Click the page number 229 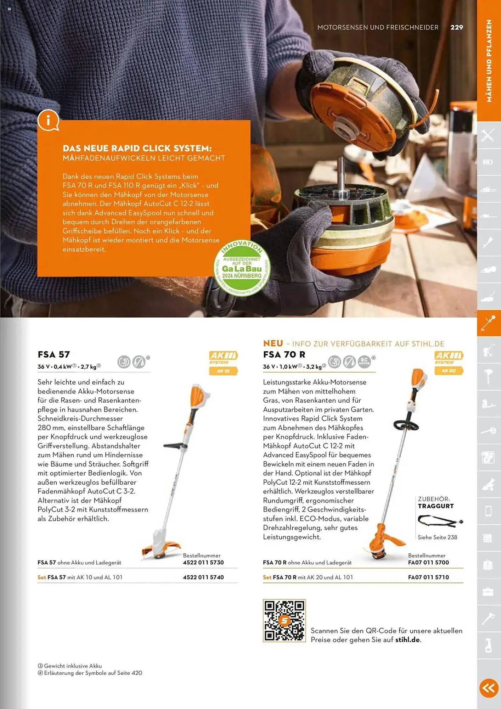tap(456, 27)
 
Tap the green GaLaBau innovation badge tap(242, 268)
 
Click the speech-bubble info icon tap(48, 120)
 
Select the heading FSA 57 tap(54, 354)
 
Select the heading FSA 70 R tap(284, 354)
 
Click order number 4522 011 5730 tap(203, 563)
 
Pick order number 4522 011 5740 tap(203, 577)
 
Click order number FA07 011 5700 tap(428, 563)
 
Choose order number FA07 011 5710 tap(428, 577)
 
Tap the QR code tap(284, 620)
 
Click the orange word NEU tap(273, 343)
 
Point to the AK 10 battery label tap(223, 371)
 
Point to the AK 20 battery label tap(449, 371)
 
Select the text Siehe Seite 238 tap(437, 537)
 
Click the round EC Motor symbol tap(364, 362)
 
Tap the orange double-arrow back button tap(489, 688)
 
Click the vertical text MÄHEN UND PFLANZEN tap(489, 61)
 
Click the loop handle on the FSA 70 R tap(406, 424)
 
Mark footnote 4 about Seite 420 tap(90, 673)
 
